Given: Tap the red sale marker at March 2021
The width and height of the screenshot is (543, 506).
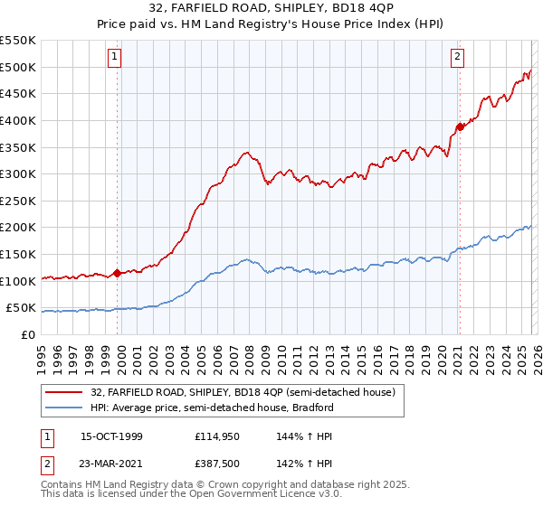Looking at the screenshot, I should pyautogui.click(x=459, y=126).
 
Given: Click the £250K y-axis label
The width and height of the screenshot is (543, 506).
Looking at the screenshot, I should pyautogui.click(x=18, y=201).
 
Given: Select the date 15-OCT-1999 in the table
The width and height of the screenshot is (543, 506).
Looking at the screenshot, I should pyautogui.click(x=111, y=436).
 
